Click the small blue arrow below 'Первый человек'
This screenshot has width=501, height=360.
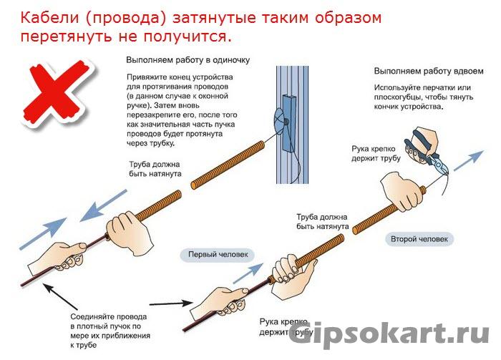[x=244, y=274]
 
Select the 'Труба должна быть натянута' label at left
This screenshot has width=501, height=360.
[x=155, y=168]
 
